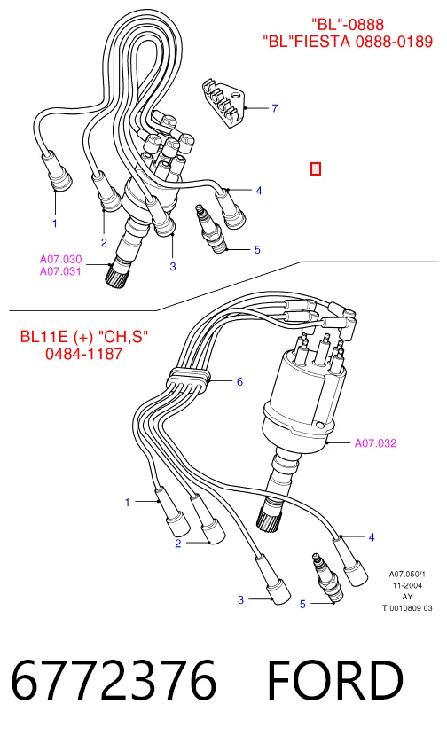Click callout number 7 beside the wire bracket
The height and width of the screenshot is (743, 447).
coord(274,108)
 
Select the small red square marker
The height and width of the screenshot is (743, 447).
coord(316,168)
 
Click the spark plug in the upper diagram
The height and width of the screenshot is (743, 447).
coord(210,229)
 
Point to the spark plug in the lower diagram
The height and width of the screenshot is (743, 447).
coord(327,578)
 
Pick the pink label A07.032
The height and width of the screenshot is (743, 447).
coord(375,443)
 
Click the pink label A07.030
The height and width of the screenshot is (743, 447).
coord(60,259)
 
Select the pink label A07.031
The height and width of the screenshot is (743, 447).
coord(60,271)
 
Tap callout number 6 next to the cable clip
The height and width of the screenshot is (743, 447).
coord(239,381)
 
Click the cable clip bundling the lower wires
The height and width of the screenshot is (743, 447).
coord(188,380)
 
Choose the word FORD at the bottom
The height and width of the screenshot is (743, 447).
coord(335,680)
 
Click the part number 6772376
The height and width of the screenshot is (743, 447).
coord(114,680)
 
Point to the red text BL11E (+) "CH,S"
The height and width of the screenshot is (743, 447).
coord(84,337)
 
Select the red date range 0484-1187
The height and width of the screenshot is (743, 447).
coord(84,354)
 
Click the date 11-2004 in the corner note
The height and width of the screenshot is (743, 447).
coord(407,585)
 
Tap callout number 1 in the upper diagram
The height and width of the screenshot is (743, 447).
coord(55,223)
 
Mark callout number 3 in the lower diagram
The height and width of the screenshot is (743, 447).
coord(241,600)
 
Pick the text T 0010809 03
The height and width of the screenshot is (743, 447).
coord(407,608)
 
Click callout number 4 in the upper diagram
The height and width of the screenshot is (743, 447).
coord(259,191)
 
